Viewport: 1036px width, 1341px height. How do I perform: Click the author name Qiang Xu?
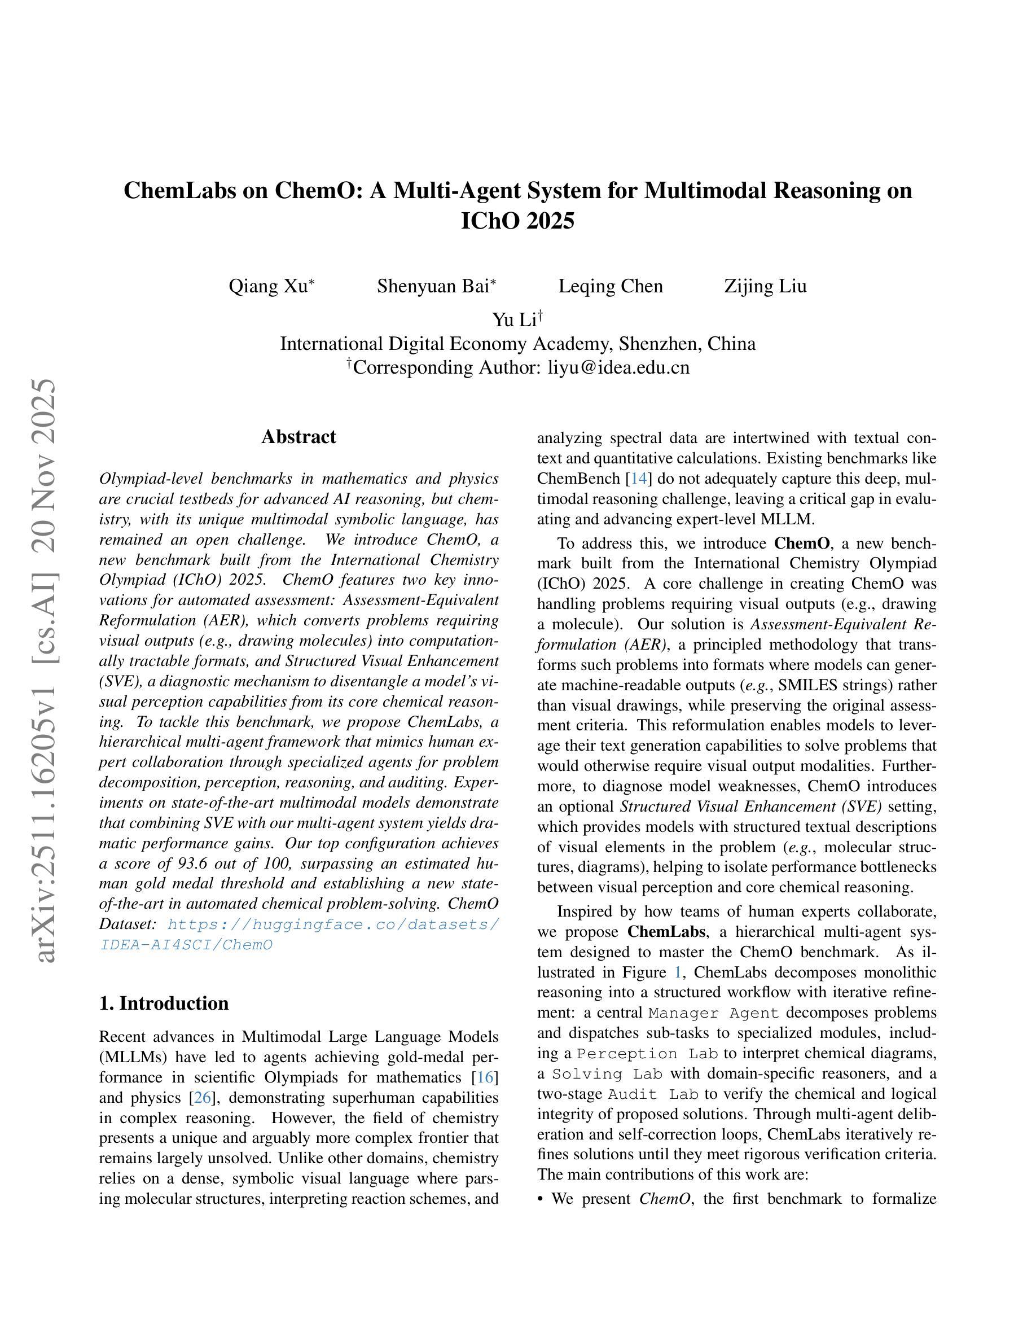[267, 286]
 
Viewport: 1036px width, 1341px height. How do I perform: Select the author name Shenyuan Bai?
[433, 286]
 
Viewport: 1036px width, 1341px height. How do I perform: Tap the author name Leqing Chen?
[610, 286]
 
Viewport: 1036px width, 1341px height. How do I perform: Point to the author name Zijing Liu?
[765, 286]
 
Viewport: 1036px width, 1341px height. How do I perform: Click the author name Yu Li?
[513, 320]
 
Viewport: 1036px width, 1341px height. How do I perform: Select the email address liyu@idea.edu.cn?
[618, 367]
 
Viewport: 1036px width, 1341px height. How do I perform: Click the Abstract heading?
[298, 437]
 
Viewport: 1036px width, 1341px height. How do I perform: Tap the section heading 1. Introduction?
[164, 1003]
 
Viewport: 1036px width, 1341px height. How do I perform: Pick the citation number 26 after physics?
[203, 1097]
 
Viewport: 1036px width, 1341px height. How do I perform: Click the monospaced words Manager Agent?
[713, 1013]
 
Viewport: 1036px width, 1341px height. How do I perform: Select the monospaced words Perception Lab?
[647, 1054]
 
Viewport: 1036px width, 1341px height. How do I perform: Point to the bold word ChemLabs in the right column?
[666, 931]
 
